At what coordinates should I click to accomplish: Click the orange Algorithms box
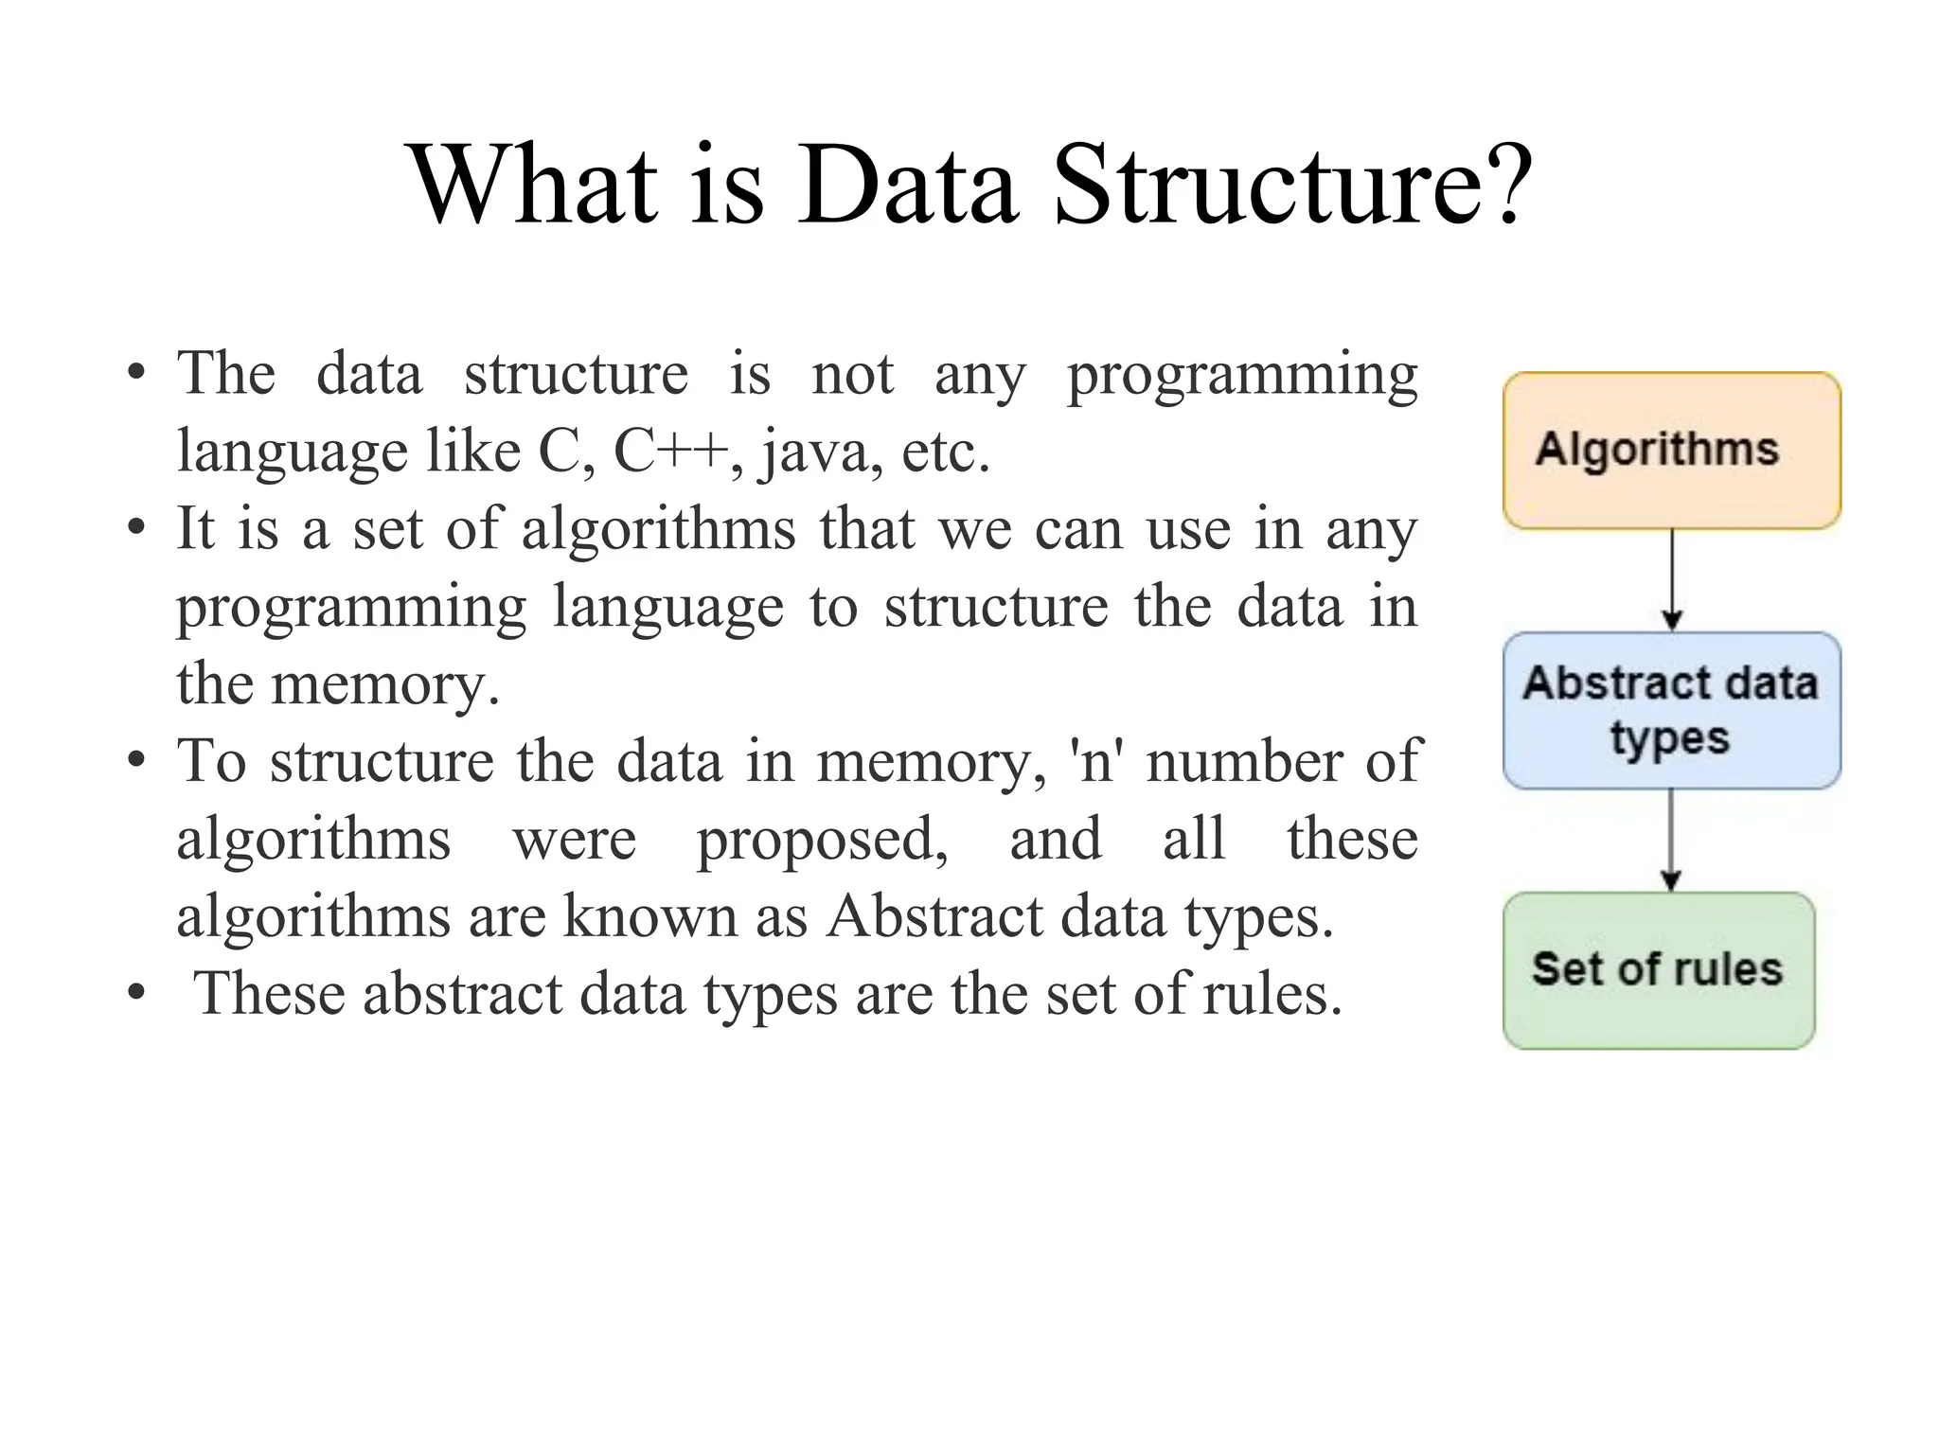[x=1671, y=451]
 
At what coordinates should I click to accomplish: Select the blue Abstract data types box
[x=1671, y=710]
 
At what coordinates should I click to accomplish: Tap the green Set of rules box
[x=1658, y=970]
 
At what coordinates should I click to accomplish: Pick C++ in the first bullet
[x=671, y=452]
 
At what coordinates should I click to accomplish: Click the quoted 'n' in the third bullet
[x=1096, y=760]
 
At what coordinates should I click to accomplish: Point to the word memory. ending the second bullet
[x=385, y=684]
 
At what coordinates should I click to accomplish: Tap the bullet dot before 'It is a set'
[x=137, y=528]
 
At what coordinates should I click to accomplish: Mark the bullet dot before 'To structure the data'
[x=137, y=760]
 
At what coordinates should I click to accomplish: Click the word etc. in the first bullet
[x=945, y=452]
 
